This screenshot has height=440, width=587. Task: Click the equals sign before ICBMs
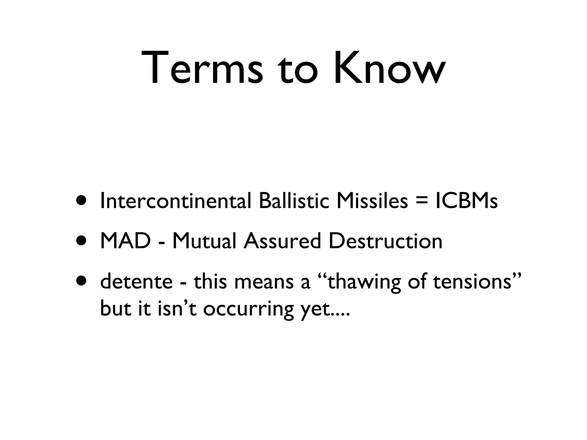(x=421, y=202)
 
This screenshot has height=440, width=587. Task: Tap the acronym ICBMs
(x=466, y=201)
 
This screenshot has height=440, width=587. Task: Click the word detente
(x=136, y=281)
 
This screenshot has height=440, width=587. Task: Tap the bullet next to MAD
(x=81, y=241)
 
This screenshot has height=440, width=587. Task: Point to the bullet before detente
(x=81, y=281)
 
